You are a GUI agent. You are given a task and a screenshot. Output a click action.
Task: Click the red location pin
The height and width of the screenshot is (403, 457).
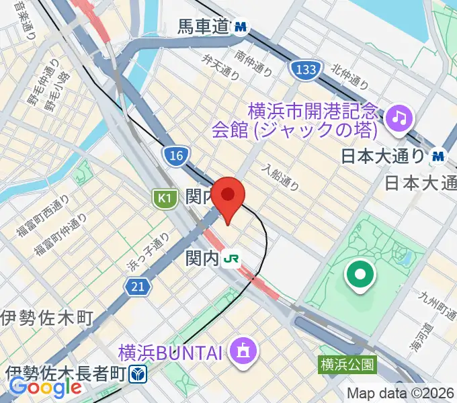[229, 197]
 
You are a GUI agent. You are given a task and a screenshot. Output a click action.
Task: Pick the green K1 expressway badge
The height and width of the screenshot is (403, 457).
[163, 197]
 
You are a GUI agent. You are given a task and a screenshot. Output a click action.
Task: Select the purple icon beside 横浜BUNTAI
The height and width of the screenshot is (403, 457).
[241, 350]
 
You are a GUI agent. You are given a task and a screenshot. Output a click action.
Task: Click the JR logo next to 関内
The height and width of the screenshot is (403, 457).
[233, 258]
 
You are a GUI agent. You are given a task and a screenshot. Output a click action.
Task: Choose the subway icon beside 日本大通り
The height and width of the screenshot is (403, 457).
[438, 156]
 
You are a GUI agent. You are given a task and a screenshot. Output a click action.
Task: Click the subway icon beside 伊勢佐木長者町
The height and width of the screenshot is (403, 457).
[138, 373]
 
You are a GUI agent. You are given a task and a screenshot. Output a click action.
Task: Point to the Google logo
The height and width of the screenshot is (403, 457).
[45, 388]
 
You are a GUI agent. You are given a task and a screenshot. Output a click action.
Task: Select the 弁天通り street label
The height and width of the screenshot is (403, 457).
[218, 65]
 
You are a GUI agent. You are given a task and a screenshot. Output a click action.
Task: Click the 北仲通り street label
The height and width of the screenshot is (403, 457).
[349, 77]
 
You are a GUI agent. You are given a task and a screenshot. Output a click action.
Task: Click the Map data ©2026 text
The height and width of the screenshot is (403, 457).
[401, 394]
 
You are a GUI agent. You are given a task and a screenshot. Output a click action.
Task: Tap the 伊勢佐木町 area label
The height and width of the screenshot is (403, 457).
[46, 317]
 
